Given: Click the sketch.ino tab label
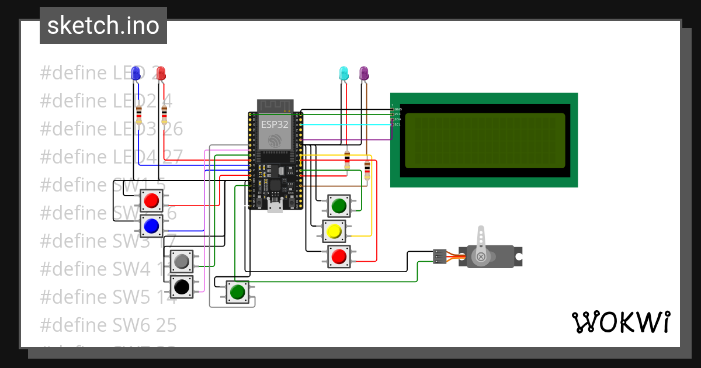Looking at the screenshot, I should [103, 26].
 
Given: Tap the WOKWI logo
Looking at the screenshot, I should [620, 322].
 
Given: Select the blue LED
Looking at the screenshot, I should [136, 74].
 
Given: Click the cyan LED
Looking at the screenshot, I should [344, 74].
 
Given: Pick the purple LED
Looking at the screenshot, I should [364, 74].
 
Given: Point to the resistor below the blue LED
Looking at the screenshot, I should [138, 115].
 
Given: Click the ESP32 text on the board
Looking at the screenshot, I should [275, 124].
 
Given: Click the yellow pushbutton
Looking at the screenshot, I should [334, 231].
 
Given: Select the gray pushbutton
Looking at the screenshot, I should [182, 261].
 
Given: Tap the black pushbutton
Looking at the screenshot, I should [182, 287].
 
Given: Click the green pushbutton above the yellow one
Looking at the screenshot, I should [339, 206].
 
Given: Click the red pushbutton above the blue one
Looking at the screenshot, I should [152, 200].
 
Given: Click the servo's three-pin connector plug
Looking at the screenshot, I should [440, 256].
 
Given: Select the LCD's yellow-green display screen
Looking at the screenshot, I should [484, 140].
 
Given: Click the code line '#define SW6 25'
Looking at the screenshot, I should [108, 325].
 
